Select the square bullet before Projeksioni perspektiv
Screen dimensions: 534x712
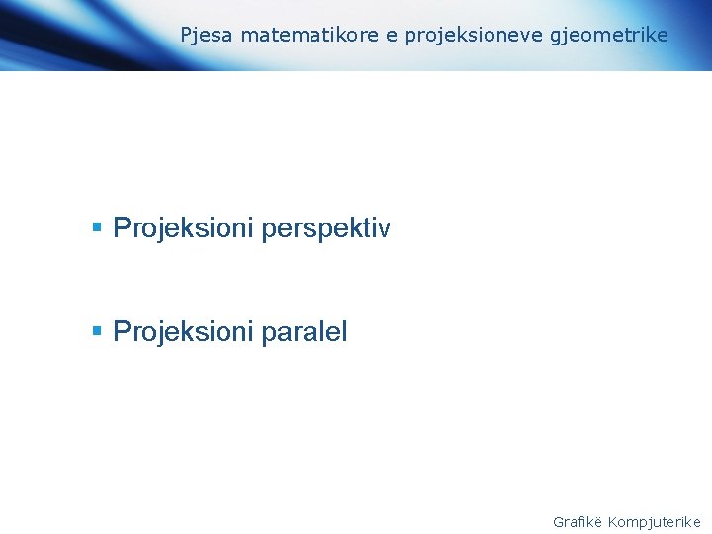pyautogui.click(x=97, y=228)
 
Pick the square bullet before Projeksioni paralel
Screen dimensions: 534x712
pyautogui.click(x=97, y=331)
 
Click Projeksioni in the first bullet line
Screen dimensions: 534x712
pyautogui.click(x=183, y=229)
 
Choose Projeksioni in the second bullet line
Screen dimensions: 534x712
pyautogui.click(x=183, y=332)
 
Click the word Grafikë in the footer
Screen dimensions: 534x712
pyautogui.click(x=578, y=521)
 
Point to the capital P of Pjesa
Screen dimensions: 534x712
pyautogui.click(x=186, y=36)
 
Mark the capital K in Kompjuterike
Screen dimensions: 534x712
pyautogui.click(x=613, y=521)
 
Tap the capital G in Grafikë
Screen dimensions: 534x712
pyautogui.click(x=558, y=521)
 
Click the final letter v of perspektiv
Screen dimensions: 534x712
pyautogui.click(x=385, y=229)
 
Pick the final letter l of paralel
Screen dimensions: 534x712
pyautogui.click(x=344, y=332)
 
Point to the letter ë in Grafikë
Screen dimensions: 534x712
pyautogui.click(x=598, y=521)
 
